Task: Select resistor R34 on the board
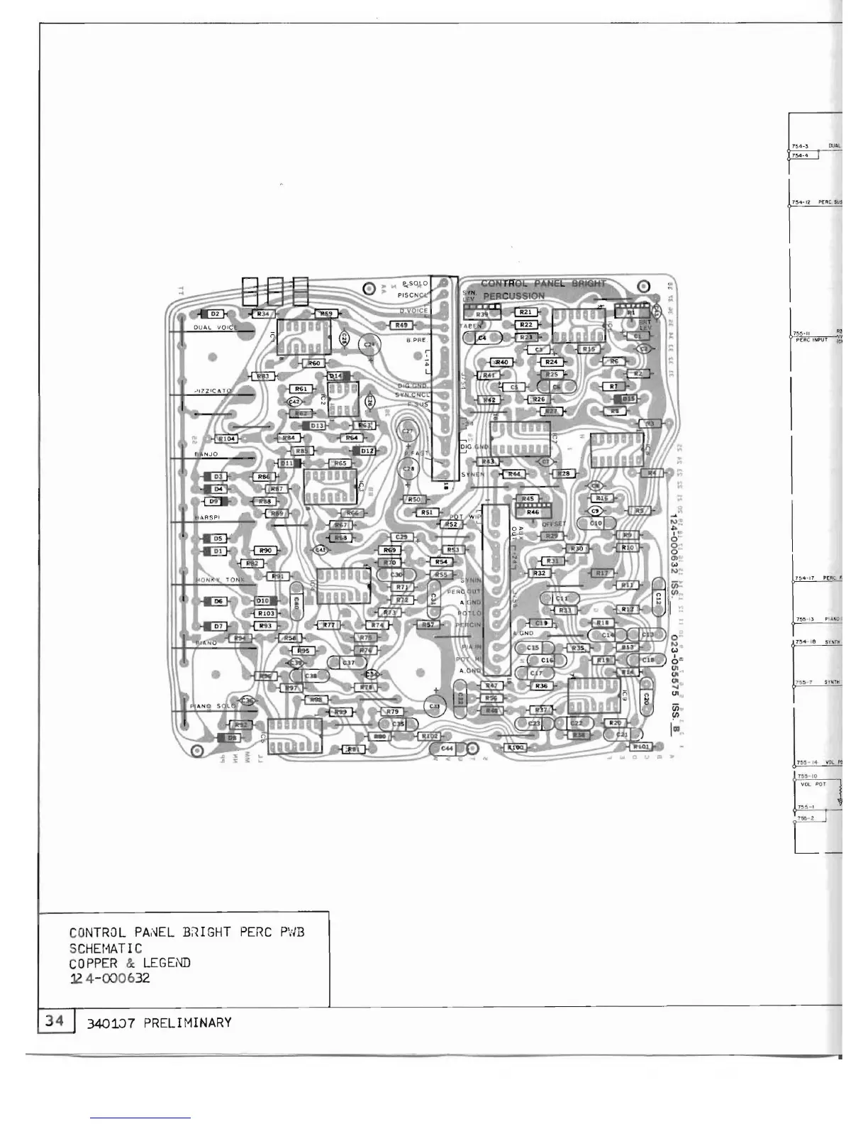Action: click(x=263, y=314)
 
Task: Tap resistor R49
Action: click(x=401, y=325)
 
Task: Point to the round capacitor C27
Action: click(x=408, y=431)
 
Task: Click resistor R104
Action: click(x=228, y=439)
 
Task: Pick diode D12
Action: click(x=367, y=451)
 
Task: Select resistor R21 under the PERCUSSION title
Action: click(x=525, y=312)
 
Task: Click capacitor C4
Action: click(x=482, y=338)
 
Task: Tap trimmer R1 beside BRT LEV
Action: click(x=630, y=312)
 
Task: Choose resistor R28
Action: click(x=564, y=473)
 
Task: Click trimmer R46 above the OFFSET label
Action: click(x=533, y=512)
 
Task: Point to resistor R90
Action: click(x=265, y=551)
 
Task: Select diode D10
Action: click(x=262, y=601)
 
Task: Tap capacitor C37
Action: click(x=348, y=663)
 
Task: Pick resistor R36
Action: click(x=542, y=686)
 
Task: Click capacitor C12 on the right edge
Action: click(x=658, y=597)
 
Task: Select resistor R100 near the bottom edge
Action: click(x=516, y=747)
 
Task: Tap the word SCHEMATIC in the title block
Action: click(x=106, y=948)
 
